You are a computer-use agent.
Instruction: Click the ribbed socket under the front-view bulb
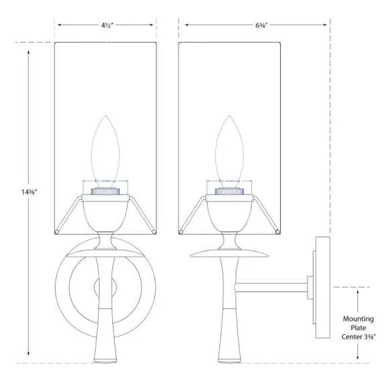coord(104,190)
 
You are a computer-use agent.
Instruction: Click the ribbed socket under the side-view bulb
coord(229,190)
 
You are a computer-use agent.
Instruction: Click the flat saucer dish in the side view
coord(229,254)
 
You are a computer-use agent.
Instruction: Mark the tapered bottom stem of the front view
coord(104,334)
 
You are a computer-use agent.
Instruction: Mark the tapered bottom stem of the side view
coord(229,334)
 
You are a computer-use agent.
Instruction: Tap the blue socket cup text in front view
coord(104,180)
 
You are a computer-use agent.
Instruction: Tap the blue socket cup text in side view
coord(229,180)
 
